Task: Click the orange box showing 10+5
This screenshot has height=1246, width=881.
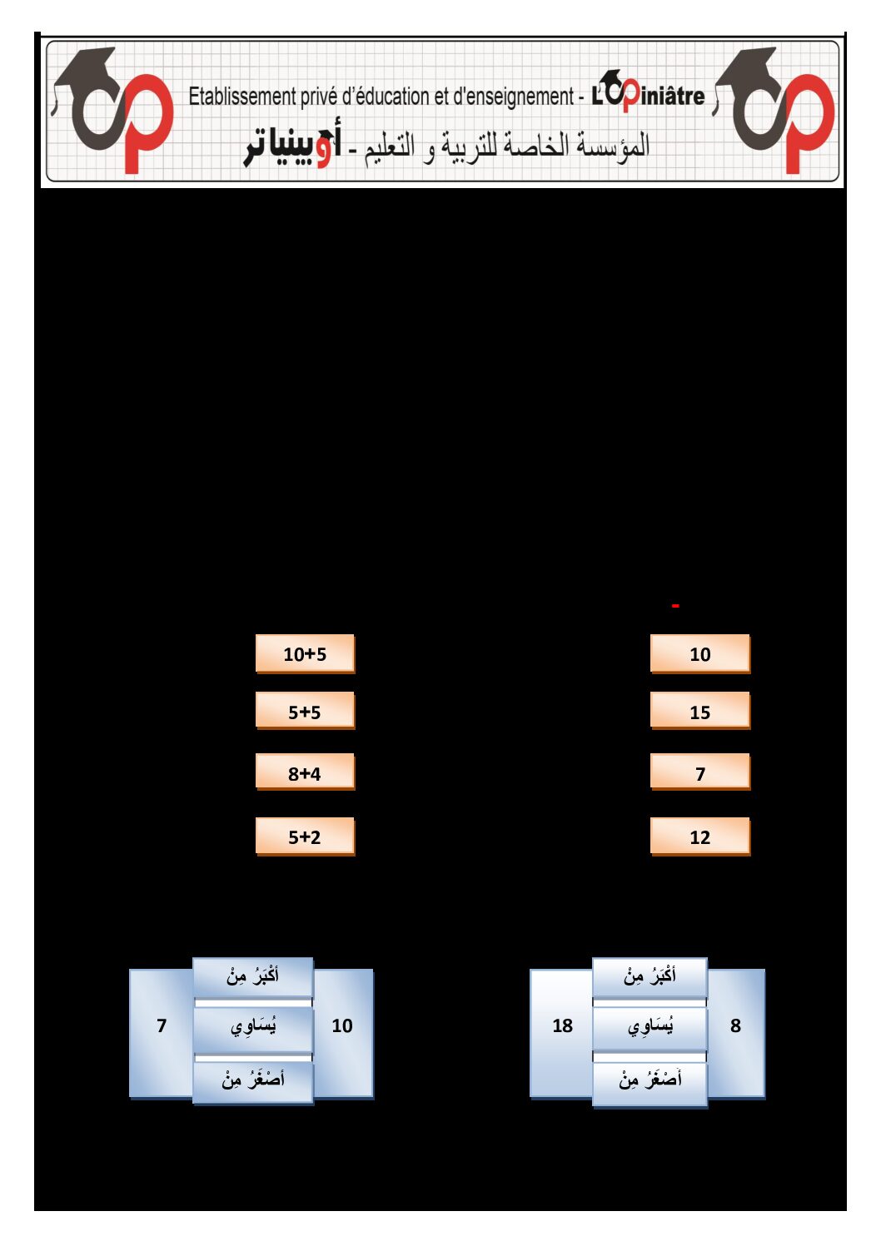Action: point(305,653)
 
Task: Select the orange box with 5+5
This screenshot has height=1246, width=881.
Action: point(305,711)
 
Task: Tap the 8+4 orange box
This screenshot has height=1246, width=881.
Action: point(305,772)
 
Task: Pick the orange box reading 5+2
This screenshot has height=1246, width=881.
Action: point(305,836)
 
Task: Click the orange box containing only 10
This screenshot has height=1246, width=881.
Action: point(700,653)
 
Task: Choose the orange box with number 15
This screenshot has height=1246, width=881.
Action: point(700,711)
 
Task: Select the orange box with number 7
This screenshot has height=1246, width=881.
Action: point(700,772)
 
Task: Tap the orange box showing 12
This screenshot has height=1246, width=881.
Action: point(700,836)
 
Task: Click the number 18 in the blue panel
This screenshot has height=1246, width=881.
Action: point(562,1025)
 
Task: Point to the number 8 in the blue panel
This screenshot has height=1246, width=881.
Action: point(735,1025)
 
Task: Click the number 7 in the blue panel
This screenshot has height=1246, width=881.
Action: point(162,1025)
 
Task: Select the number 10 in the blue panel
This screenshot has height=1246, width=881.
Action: point(342,1025)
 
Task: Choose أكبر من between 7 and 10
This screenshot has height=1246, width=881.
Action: point(252,976)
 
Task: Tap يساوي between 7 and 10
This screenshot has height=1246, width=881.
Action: point(252,1026)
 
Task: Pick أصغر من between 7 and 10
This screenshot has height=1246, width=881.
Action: point(252,1080)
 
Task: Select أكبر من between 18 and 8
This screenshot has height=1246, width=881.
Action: point(650,976)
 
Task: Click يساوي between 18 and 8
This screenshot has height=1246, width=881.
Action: point(650,1026)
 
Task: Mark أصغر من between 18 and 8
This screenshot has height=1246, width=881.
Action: point(650,1080)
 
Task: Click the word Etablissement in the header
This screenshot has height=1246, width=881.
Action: point(242,97)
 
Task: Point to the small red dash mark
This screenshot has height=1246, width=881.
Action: point(675,605)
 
